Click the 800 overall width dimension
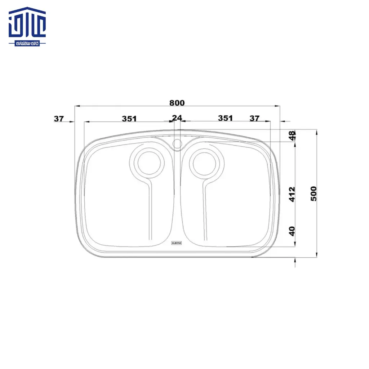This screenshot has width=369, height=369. click(177, 103)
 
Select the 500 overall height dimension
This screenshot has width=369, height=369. click(314, 194)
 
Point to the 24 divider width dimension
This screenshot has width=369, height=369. click(177, 118)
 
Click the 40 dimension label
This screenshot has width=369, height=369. click(292, 231)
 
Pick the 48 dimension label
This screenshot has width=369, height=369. click(293, 135)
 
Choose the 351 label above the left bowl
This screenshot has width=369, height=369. click(129, 118)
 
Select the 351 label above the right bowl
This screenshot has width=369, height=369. click(226, 118)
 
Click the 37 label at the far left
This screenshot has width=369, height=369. click(59, 118)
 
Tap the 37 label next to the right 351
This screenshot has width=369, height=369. click(254, 118)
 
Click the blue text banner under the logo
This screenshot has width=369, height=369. click(27, 43)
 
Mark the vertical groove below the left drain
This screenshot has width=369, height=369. click(151, 213)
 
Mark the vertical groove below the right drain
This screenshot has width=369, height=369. click(205, 213)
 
